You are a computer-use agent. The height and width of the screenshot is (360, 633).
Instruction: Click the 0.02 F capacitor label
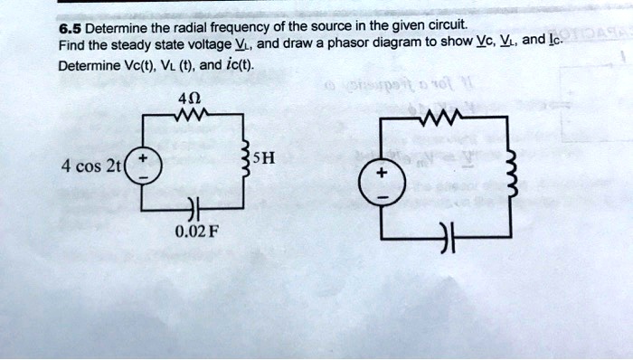(194, 229)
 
